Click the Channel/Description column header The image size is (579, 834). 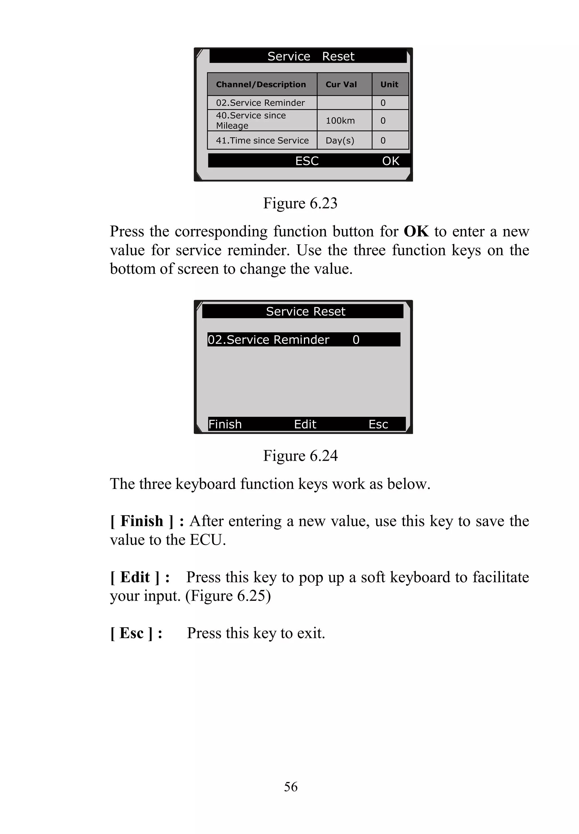[x=261, y=85]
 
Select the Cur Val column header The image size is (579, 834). [x=341, y=85]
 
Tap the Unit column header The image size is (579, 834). [x=389, y=85]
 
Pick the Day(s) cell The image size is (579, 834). [x=340, y=141]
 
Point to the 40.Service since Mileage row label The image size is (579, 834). [x=251, y=120]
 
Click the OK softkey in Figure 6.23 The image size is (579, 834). [x=391, y=161]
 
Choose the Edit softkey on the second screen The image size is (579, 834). [x=305, y=424]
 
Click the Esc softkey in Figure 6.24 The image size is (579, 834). [x=378, y=424]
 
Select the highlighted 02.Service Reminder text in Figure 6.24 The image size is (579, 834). [x=269, y=340]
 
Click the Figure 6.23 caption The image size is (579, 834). [x=300, y=203]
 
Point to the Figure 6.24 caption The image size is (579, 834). [x=300, y=456]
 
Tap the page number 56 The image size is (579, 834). [x=291, y=787]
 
